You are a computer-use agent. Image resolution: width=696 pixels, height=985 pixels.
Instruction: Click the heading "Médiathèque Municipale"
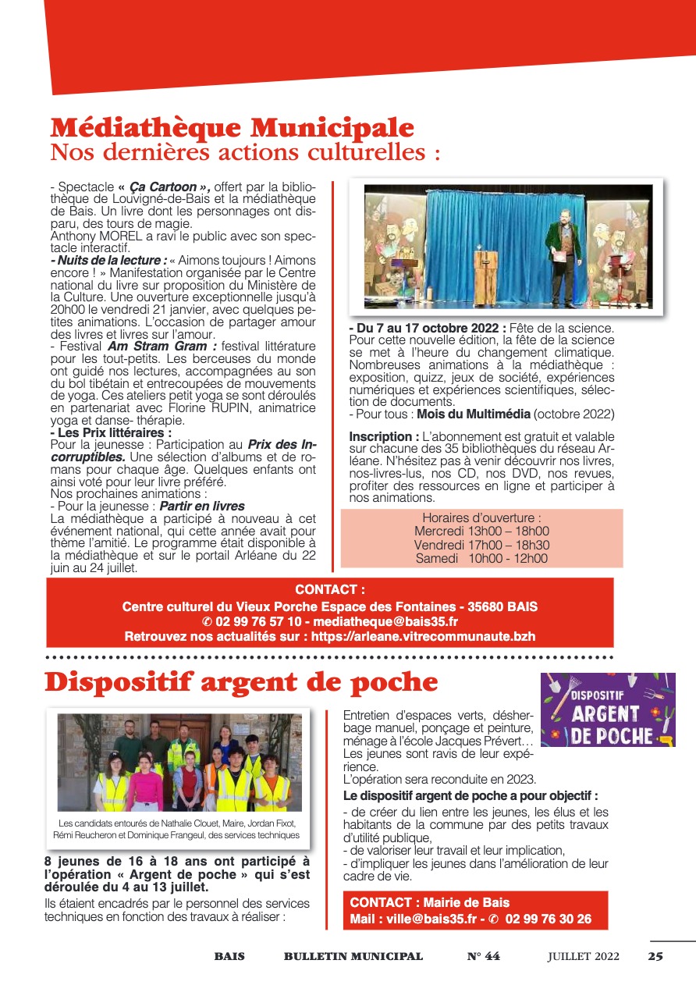click(x=232, y=127)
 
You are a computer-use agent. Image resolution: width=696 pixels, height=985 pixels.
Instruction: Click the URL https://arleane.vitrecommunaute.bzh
click(x=423, y=636)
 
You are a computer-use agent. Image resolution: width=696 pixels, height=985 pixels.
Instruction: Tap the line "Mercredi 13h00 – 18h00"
click(x=481, y=531)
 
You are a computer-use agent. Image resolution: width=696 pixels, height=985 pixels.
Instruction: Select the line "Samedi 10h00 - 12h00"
click(x=481, y=558)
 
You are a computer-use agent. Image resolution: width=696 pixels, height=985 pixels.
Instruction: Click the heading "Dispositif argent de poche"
click(x=241, y=682)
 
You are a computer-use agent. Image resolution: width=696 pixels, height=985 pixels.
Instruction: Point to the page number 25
click(x=655, y=956)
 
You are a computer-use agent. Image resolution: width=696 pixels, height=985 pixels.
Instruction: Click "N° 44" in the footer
click(x=483, y=956)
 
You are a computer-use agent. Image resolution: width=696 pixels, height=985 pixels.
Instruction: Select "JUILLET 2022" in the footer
click(x=583, y=956)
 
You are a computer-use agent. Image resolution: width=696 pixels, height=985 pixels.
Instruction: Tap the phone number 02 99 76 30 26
click(x=548, y=919)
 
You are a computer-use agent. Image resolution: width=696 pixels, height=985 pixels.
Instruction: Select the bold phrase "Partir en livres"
click(x=202, y=507)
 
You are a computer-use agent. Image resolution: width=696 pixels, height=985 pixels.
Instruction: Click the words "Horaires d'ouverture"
click(x=481, y=517)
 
